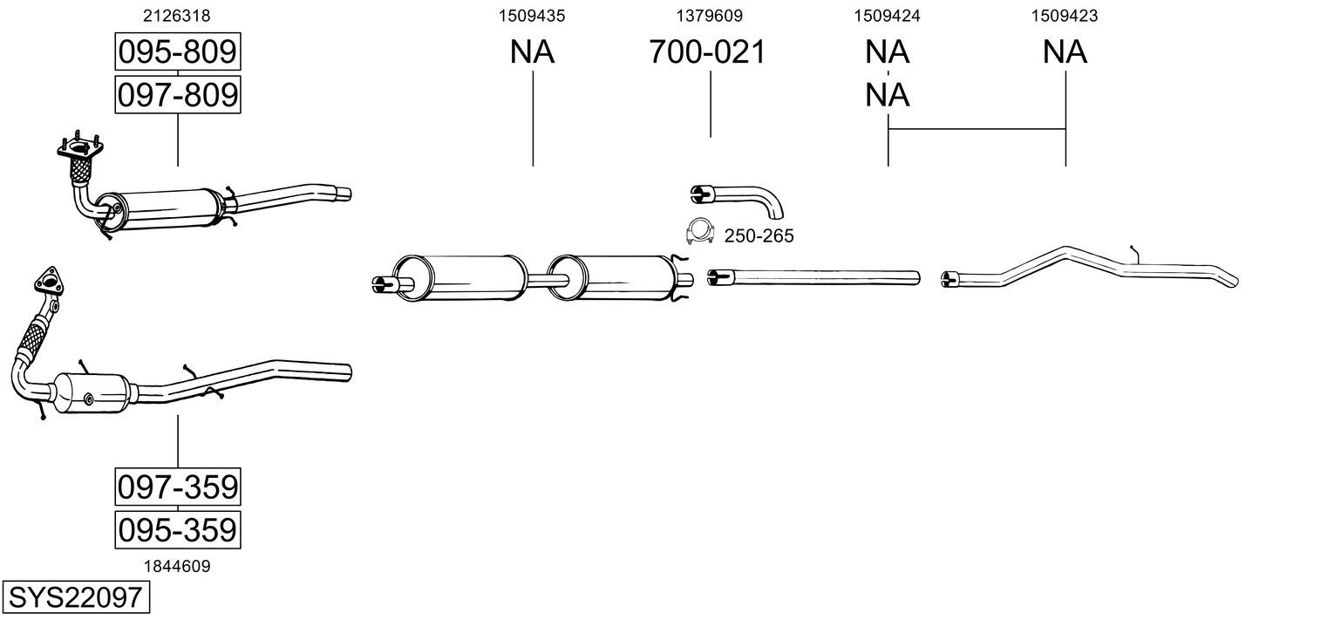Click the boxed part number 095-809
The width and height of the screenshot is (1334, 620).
click(x=177, y=52)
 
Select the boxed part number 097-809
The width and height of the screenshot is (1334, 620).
click(x=177, y=94)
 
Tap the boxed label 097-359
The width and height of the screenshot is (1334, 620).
click(x=177, y=486)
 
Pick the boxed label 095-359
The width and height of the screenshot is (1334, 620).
click(x=177, y=529)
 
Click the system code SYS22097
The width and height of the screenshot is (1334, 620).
click(x=75, y=598)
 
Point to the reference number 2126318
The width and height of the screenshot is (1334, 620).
click(x=177, y=16)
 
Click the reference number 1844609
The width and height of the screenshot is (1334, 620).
click(x=177, y=566)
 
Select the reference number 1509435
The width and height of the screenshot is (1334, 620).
click(x=532, y=16)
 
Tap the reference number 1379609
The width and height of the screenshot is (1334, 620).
click(x=710, y=16)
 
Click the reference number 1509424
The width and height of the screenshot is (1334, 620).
click(x=888, y=16)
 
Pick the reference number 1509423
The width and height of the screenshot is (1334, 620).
click(x=1065, y=16)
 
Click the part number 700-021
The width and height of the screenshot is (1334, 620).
click(x=707, y=52)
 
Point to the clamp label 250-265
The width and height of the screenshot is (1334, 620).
click(x=759, y=236)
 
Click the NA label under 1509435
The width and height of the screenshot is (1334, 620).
click(x=532, y=52)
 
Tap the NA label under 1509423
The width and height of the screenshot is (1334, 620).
click(x=1065, y=52)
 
